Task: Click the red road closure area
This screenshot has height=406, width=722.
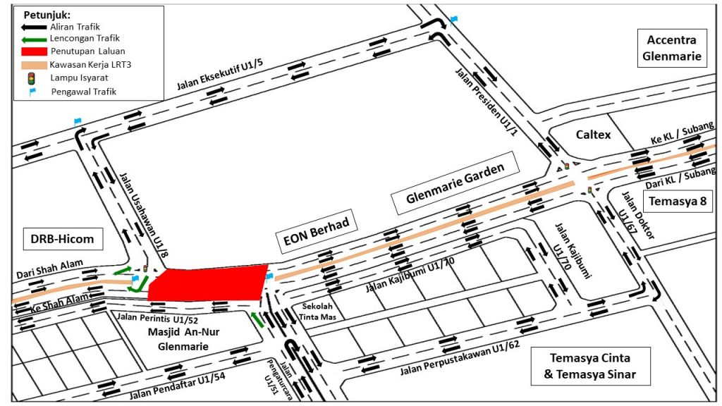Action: (x=208, y=283)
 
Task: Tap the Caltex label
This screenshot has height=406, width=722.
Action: (x=593, y=135)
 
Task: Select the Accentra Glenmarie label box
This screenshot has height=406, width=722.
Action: (x=672, y=48)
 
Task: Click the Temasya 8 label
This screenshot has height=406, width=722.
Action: (x=678, y=201)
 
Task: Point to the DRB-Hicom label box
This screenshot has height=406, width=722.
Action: (x=63, y=239)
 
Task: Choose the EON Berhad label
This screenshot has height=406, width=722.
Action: (x=316, y=231)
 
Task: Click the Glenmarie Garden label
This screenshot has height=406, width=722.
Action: (x=455, y=183)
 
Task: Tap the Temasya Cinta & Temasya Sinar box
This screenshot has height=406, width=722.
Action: (x=590, y=366)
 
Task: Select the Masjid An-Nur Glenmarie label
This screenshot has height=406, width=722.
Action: (x=183, y=339)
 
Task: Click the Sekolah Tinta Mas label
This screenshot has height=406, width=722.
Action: (x=317, y=312)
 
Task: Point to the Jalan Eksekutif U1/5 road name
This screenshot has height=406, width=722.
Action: (x=220, y=75)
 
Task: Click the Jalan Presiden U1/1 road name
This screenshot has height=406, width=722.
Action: (x=487, y=101)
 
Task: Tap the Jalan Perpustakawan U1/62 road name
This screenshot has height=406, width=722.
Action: (x=460, y=359)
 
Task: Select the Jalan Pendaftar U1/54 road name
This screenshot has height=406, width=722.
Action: (x=177, y=386)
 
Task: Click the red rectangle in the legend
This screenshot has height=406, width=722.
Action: (x=34, y=51)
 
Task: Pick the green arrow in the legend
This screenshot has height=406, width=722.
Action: (x=34, y=39)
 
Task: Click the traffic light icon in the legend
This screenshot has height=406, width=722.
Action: (x=31, y=78)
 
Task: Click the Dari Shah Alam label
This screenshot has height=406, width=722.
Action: (x=50, y=269)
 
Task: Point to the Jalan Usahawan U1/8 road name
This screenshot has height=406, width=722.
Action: (x=144, y=214)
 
